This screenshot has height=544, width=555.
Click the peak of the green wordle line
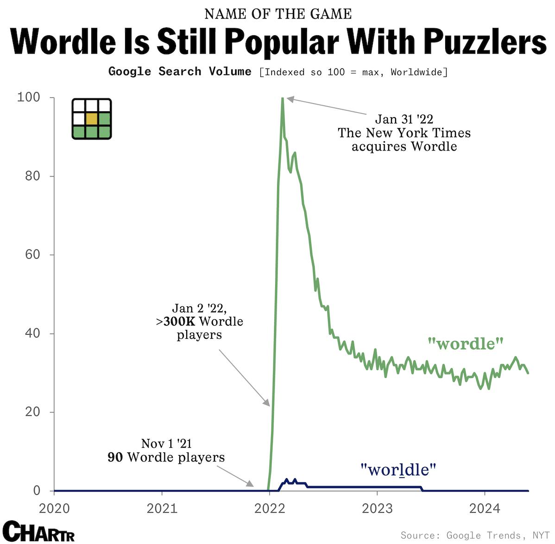click(282, 99)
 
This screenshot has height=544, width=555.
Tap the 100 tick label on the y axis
click(29, 97)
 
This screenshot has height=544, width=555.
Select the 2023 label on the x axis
click(377, 508)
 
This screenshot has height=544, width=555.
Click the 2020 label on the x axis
click(54, 508)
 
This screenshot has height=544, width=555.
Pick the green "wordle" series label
click(465, 343)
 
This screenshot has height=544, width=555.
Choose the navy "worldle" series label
click(398, 469)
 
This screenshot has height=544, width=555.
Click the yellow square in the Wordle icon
click(92, 119)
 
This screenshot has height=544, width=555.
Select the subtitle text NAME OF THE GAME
click(278, 14)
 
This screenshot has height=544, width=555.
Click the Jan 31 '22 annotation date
click(404, 119)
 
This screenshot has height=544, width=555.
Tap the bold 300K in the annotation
click(179, 321)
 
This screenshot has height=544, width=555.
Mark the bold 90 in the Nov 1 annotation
click(115, 457)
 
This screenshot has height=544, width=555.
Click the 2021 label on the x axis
click(162, 508)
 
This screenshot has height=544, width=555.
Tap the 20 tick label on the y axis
click(33, 411)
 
